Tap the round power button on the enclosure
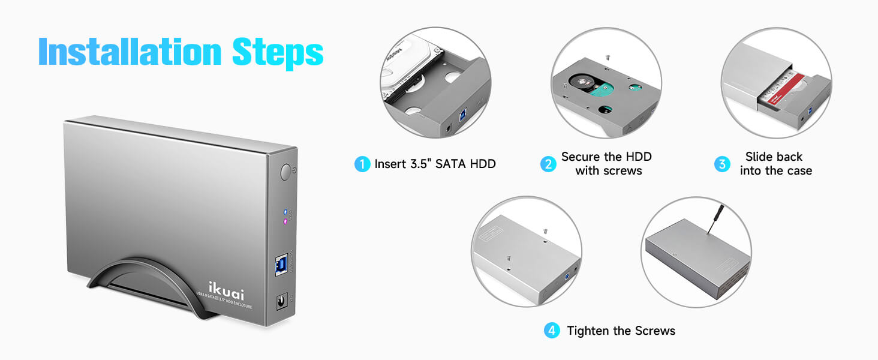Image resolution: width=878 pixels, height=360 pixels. click(x=287, y=173)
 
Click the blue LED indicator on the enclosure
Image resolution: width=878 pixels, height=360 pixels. click(x=285, y=212)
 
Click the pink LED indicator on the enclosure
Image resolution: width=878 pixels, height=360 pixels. click(x=285, y=221)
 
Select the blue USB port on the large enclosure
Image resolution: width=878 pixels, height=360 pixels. click(x=281, y=265)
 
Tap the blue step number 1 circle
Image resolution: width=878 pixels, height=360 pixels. click(x=362, y=164)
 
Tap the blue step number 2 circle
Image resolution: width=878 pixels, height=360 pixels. click(x=548, y=164)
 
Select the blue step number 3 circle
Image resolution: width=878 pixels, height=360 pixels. click(x=722, y=164)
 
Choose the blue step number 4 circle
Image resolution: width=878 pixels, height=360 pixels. click(x=552, y=331)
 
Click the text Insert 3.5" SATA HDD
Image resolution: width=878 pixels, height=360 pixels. click(x=435, y=164)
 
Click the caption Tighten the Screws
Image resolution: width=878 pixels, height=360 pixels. click(x=621, y=331)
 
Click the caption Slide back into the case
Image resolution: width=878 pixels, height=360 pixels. click(x=775, y=164)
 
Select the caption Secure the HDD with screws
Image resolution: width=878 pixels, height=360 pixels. click(x=606, y=164)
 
